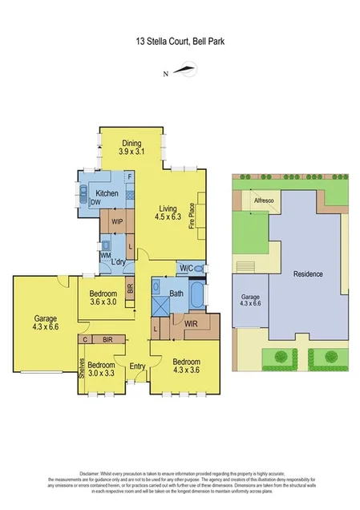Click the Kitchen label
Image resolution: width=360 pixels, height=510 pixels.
click(x=107, y=194)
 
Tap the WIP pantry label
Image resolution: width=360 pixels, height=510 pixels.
click(x=117, y=221)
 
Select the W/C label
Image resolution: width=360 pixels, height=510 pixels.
click(x=185, y=267)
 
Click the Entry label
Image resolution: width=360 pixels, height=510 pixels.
click(x=137, y=366)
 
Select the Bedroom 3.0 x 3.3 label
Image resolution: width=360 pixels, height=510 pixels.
click(x=102, y=368)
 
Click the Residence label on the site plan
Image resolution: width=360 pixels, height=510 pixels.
click(x=308, y=273)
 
